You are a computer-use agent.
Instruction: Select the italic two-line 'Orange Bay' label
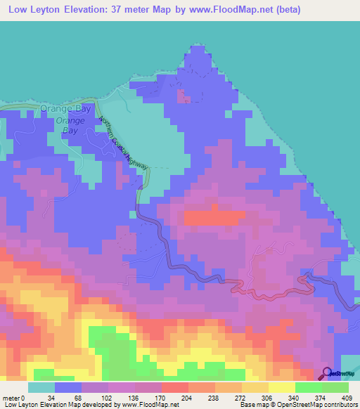70,125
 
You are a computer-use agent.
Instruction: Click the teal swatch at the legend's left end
41,387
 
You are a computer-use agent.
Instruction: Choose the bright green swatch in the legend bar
309,387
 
